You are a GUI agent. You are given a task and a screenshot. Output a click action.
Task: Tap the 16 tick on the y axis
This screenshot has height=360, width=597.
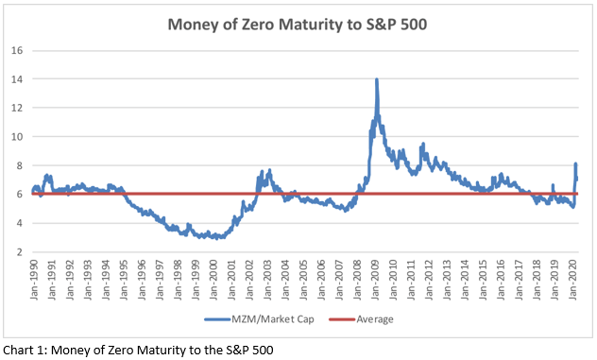[x=18, y=50]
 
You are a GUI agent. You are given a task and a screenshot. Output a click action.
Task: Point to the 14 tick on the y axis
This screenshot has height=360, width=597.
[x=18, y=78]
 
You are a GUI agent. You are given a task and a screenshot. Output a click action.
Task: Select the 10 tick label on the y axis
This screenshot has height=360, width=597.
[x=18, y=136]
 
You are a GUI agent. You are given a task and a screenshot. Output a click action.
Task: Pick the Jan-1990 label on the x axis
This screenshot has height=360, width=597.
[x=33, y=279]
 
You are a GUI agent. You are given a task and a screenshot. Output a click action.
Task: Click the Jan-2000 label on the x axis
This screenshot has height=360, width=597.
[x=215, y=279]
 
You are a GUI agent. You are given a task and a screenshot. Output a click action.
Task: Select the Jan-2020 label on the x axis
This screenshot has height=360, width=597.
[x=579, y=279]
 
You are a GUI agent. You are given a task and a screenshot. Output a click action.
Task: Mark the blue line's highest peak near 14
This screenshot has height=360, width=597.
[x=377, y=80]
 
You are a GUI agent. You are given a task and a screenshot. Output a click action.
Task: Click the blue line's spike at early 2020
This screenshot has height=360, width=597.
[x=576, y=164]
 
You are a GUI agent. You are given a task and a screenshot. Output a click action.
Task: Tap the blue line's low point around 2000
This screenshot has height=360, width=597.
[x=216, y=237]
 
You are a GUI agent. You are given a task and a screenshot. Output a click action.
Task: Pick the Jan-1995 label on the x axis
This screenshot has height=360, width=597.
[x=124, y=279]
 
